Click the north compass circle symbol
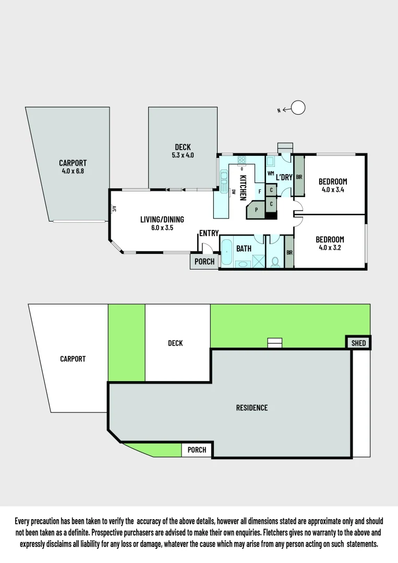point(298,108)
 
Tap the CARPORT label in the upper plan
point(73,163)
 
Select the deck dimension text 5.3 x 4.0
point(183,155)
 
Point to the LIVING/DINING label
point(162,219)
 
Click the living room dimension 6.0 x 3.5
point(162,228)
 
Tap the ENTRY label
point(209,233)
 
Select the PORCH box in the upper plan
point(204,261)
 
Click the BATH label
point(244,249)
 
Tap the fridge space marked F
point(259,191)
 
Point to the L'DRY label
point(284,177)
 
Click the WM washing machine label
point(271,173)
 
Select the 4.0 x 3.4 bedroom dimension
point(332,190)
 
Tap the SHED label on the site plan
point(358,342)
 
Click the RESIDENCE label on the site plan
point(251,408)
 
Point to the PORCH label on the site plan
point(197,450)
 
